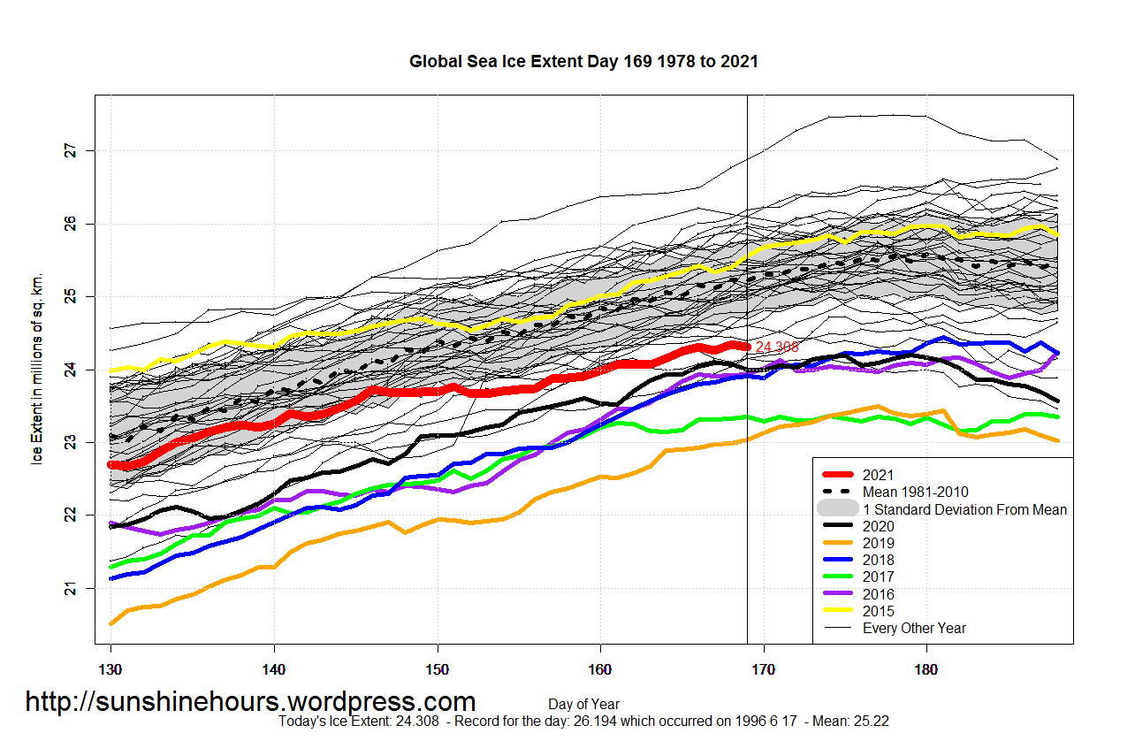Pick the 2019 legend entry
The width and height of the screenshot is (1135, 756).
coord(878,543)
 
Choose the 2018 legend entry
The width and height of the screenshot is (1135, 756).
coord(878,560)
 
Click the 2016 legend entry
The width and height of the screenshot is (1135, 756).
coord(878,594)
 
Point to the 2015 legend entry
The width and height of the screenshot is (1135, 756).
coord(878,611)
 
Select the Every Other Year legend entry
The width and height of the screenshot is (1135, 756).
coord(914,628)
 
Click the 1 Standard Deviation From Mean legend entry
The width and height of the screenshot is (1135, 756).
coord(964,509)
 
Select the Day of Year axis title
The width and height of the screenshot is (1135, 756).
coord(583,705)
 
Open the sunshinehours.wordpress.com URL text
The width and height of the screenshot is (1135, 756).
coord(250,702)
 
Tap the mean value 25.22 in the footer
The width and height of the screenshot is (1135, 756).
coord(872,722)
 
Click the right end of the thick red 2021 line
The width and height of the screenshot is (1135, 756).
coord(746,347)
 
